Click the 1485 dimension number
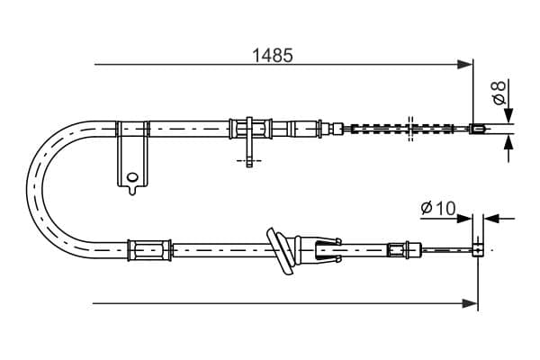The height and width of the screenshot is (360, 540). pyautogui.click(x=273, y=55)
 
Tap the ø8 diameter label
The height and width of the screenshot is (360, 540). pyautogui.click(x=499, y=92)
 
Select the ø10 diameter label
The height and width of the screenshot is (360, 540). pyautogui.click(x=438, y=208)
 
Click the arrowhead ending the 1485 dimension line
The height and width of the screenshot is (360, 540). pyautogui.click(x=464, y=65)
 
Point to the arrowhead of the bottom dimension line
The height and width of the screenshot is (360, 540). pyautogui.click(x=470, y=303)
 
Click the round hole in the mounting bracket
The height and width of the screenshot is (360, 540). pyautogui.click(x=132, y=177)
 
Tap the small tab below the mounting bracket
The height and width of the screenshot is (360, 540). pyautogui.click(x=132, y=190)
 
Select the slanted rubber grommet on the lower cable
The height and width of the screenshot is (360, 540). pyautogui.click(x=281, y=251)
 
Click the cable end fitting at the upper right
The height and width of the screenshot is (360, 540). pyautogui.click(x=479, y=129)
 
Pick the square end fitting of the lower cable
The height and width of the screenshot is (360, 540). pyautogui.click(x=478, y=250)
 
